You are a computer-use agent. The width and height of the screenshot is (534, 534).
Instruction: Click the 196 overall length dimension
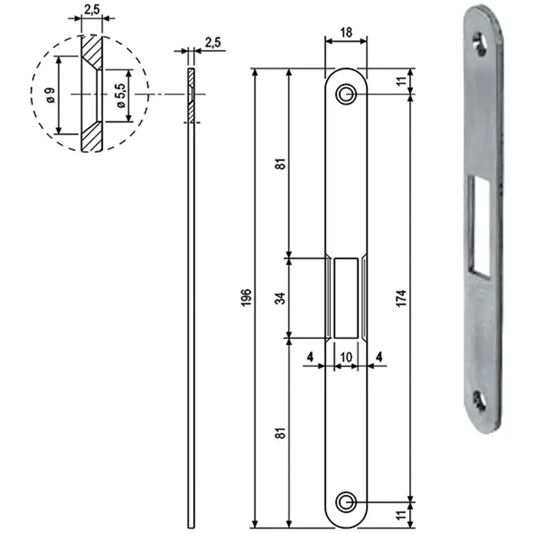(246, 297)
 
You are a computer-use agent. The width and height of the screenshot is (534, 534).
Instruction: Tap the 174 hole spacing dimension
(402, 298)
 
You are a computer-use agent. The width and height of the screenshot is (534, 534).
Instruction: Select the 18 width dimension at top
(346, 33)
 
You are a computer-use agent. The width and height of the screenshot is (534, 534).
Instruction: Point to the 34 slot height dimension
(280, 298)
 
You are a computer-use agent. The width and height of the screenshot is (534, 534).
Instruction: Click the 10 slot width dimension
(346, 357)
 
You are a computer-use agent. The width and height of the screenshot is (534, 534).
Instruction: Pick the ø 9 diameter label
(51, 95)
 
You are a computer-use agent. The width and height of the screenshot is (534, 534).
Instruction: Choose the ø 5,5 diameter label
(121, 95)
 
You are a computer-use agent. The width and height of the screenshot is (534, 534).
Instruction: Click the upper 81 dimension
(280, 164)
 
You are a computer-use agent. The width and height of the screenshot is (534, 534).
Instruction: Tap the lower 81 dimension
(280, 433)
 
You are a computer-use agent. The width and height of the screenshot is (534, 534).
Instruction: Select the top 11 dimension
(402, 81)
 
